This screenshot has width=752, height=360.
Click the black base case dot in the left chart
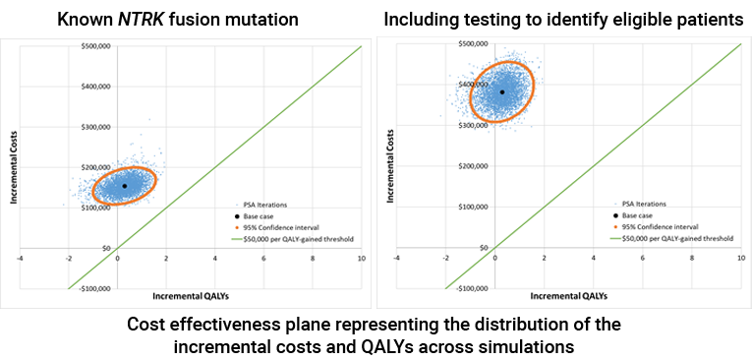point(124,186)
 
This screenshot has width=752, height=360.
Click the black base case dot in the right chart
point(502,92)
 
